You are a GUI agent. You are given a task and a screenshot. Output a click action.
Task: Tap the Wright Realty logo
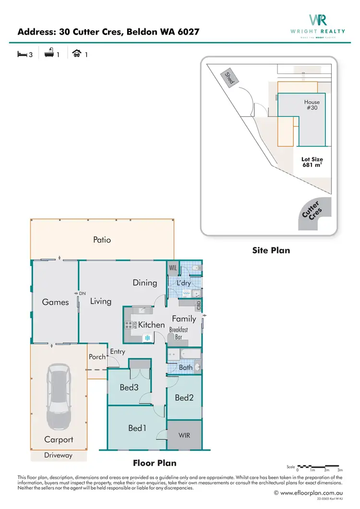tap(318, 25)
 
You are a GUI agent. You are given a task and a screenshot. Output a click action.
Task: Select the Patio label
tap(102, 240)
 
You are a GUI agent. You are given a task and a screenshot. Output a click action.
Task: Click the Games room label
tap(55, 302)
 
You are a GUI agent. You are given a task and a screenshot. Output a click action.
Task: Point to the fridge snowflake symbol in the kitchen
tap(147, 338)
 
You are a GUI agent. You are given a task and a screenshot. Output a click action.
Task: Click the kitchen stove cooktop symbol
tap(129, 325)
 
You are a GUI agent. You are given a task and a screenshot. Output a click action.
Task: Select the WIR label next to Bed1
tap(184, 435)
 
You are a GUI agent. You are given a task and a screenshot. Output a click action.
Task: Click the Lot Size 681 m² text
tap(312, 162)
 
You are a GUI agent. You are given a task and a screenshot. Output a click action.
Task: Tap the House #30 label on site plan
tap(312, 105)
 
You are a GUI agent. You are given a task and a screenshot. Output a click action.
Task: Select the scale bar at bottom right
tap(319, 466)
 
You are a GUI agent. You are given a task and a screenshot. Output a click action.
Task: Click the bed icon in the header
tap(22, 54)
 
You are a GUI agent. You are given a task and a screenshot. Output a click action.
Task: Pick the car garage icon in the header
tap(76, 54)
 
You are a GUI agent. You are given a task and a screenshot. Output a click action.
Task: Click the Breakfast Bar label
tap(178, 333)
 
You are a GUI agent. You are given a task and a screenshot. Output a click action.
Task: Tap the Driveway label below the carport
tap(59, 455)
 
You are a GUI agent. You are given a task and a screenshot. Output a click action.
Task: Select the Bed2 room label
tap(184, 397)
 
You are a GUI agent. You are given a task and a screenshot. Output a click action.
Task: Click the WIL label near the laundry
tap(173, 267)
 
